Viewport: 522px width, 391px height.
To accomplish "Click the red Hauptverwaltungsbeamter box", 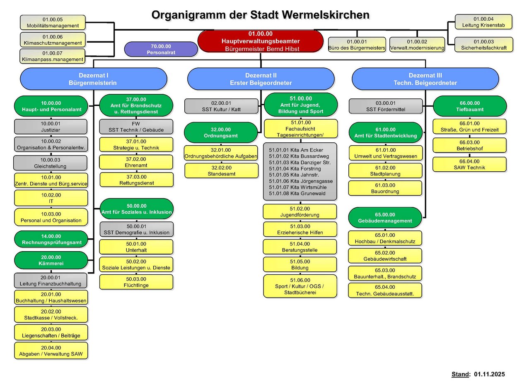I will [x=260, y=41].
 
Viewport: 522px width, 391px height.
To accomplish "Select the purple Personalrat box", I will [x=161, y=49].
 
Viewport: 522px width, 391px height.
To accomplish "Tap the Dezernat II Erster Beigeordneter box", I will [x=261, y=79].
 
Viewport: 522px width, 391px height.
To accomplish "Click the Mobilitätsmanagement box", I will [x=53, y=23].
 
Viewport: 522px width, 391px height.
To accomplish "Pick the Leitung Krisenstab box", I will [x=483, y=22].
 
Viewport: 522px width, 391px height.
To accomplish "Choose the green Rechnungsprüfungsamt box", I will [x=51, y=239].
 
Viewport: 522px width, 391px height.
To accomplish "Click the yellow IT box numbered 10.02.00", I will [x=51, y=198].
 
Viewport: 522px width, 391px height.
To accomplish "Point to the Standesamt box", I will [x=221, y=171].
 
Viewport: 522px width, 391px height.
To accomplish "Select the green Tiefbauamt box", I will [x=469, y=106].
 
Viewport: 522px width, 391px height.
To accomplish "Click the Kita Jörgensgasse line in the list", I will [x=301, y=181].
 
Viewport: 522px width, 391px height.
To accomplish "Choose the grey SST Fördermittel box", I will [x=386, y=106].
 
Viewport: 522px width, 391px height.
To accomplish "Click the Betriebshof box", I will [x=469, y=145].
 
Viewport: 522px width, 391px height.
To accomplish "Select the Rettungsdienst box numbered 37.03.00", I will [x=136, y=180].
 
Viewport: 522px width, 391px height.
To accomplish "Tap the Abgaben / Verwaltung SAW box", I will [x=51, y=351].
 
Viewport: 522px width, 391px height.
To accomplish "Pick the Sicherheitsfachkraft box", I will [x=483, y=45].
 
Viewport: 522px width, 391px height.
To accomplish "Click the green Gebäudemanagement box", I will [x=385, y=218].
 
